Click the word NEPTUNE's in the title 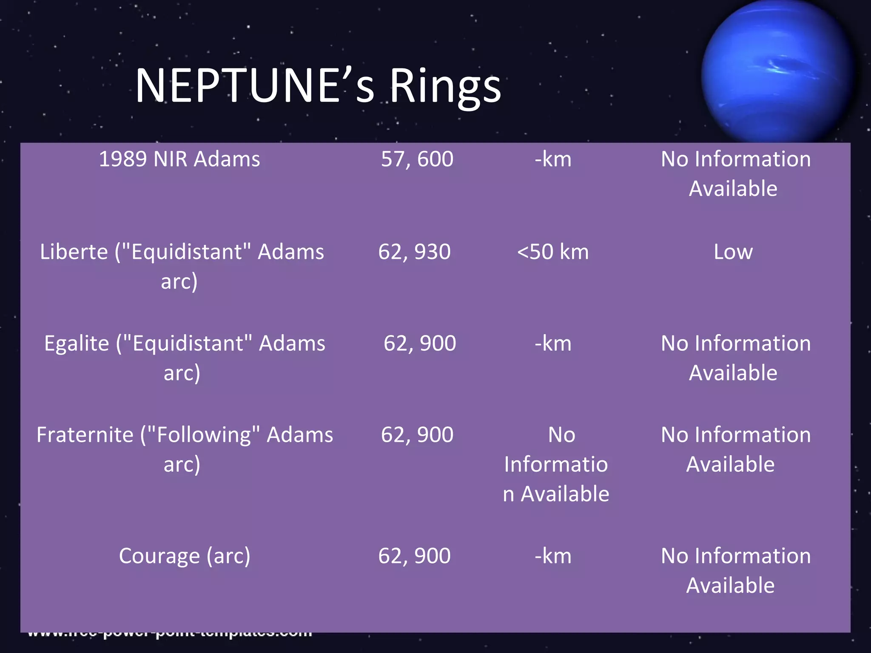[x=254, y=86]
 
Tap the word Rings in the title [x=445, y=87]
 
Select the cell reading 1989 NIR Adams [x=179, y=159]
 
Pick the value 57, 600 [x=417, y=159]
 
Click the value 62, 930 [x=414, y=252]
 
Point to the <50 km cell [x=553, y=252]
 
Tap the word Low [x=733, y=252]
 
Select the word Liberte [x=74, y=252]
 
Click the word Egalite [x=77, y=344]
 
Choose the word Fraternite [x=85, y=435]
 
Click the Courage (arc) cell [x=185, y=556]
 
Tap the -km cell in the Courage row [x=553, y=556]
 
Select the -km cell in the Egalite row [x=553, y=344]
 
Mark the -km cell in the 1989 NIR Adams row [x=553, y=159]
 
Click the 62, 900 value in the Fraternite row [x=417, y=435]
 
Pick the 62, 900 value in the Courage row [x=414, y=556]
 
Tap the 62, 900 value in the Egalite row [x=420, y=344]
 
